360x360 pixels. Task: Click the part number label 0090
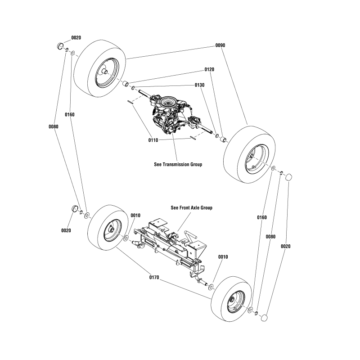point(220,45)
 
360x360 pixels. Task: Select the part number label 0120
point(209,70)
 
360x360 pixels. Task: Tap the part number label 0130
point(200,85)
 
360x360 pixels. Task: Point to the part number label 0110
point(153,140)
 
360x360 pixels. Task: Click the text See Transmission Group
point(178,164)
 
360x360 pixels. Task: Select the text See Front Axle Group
point(192,208)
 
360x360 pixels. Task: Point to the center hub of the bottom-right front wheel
point(232,301)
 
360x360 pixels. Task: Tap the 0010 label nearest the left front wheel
point(135,216)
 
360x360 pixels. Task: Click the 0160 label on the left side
point(69,115)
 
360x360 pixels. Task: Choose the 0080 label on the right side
point(270,236)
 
